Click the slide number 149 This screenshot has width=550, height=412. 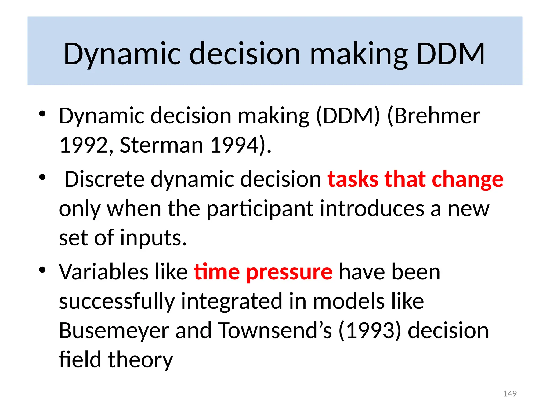(x=510, y=393)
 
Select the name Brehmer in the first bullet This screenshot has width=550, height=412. (x=437, y=116)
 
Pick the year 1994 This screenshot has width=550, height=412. (x=234, y=145)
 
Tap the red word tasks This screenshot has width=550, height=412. (x=353, y=179)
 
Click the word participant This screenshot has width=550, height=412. (x=260, y=209)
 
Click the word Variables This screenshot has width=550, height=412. (x=103, y=272)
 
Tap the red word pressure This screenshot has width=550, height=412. (x=289, y=272)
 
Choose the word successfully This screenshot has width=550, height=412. (x=117, y=301)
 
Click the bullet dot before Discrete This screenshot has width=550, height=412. (x=42, y=177)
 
